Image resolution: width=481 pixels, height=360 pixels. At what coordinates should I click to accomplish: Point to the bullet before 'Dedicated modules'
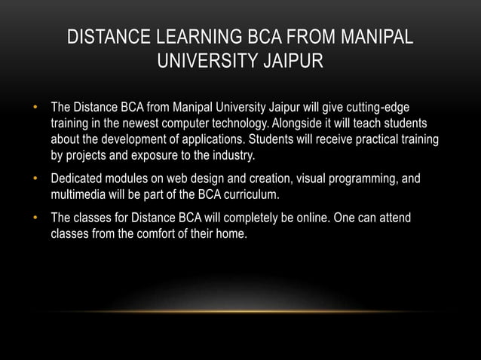click(35, 180)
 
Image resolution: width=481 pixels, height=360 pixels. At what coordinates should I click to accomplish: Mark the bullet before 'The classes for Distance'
click(35, 218)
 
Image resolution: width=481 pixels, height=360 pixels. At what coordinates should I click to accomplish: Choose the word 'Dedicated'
click(78, 180)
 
